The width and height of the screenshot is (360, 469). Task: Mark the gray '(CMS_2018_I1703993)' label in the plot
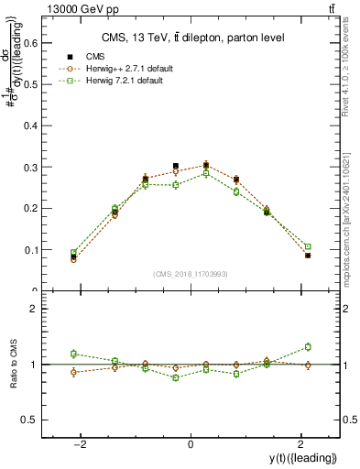[x=191, y=274]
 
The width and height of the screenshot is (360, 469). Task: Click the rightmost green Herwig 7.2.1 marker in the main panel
[x=308, y=246]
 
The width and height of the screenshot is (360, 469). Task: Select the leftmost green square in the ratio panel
[x=73, y=354]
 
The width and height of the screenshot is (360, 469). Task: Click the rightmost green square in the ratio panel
[x=308, y=346]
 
